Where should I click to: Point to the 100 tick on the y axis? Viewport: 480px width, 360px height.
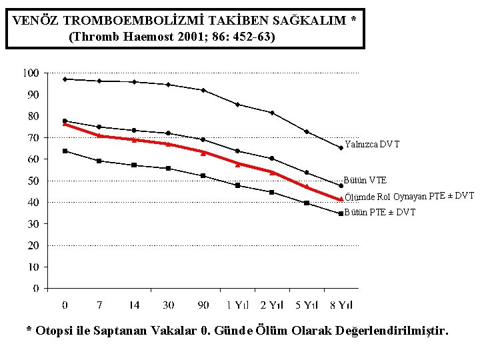pos(31,73)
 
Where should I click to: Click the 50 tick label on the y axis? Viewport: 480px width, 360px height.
pos(33,181)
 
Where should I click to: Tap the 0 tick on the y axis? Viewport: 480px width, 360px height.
pos(37,289)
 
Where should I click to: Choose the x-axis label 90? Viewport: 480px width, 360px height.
pos(203,305)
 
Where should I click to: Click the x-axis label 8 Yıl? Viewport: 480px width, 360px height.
pos(341,305)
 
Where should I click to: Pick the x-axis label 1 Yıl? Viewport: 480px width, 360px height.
pos(237,305)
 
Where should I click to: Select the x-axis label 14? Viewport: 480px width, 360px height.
pos(134,305)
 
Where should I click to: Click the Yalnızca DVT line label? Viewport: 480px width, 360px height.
pos(372,144)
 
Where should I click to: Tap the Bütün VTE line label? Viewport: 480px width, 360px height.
pos(365,180)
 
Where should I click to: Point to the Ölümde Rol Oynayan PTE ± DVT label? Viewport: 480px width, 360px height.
pos(409,196)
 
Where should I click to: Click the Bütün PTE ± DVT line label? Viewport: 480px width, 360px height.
pos(380,212)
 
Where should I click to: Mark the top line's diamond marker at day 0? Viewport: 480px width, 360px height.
pos(65,79)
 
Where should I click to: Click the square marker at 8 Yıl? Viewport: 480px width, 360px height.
pos(341,214)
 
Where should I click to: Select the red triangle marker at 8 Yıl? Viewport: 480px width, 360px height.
pos(341,199)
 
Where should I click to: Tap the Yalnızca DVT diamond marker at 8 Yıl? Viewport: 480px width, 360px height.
pos(341,148)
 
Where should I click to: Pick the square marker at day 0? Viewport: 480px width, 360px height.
pos(65,151)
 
